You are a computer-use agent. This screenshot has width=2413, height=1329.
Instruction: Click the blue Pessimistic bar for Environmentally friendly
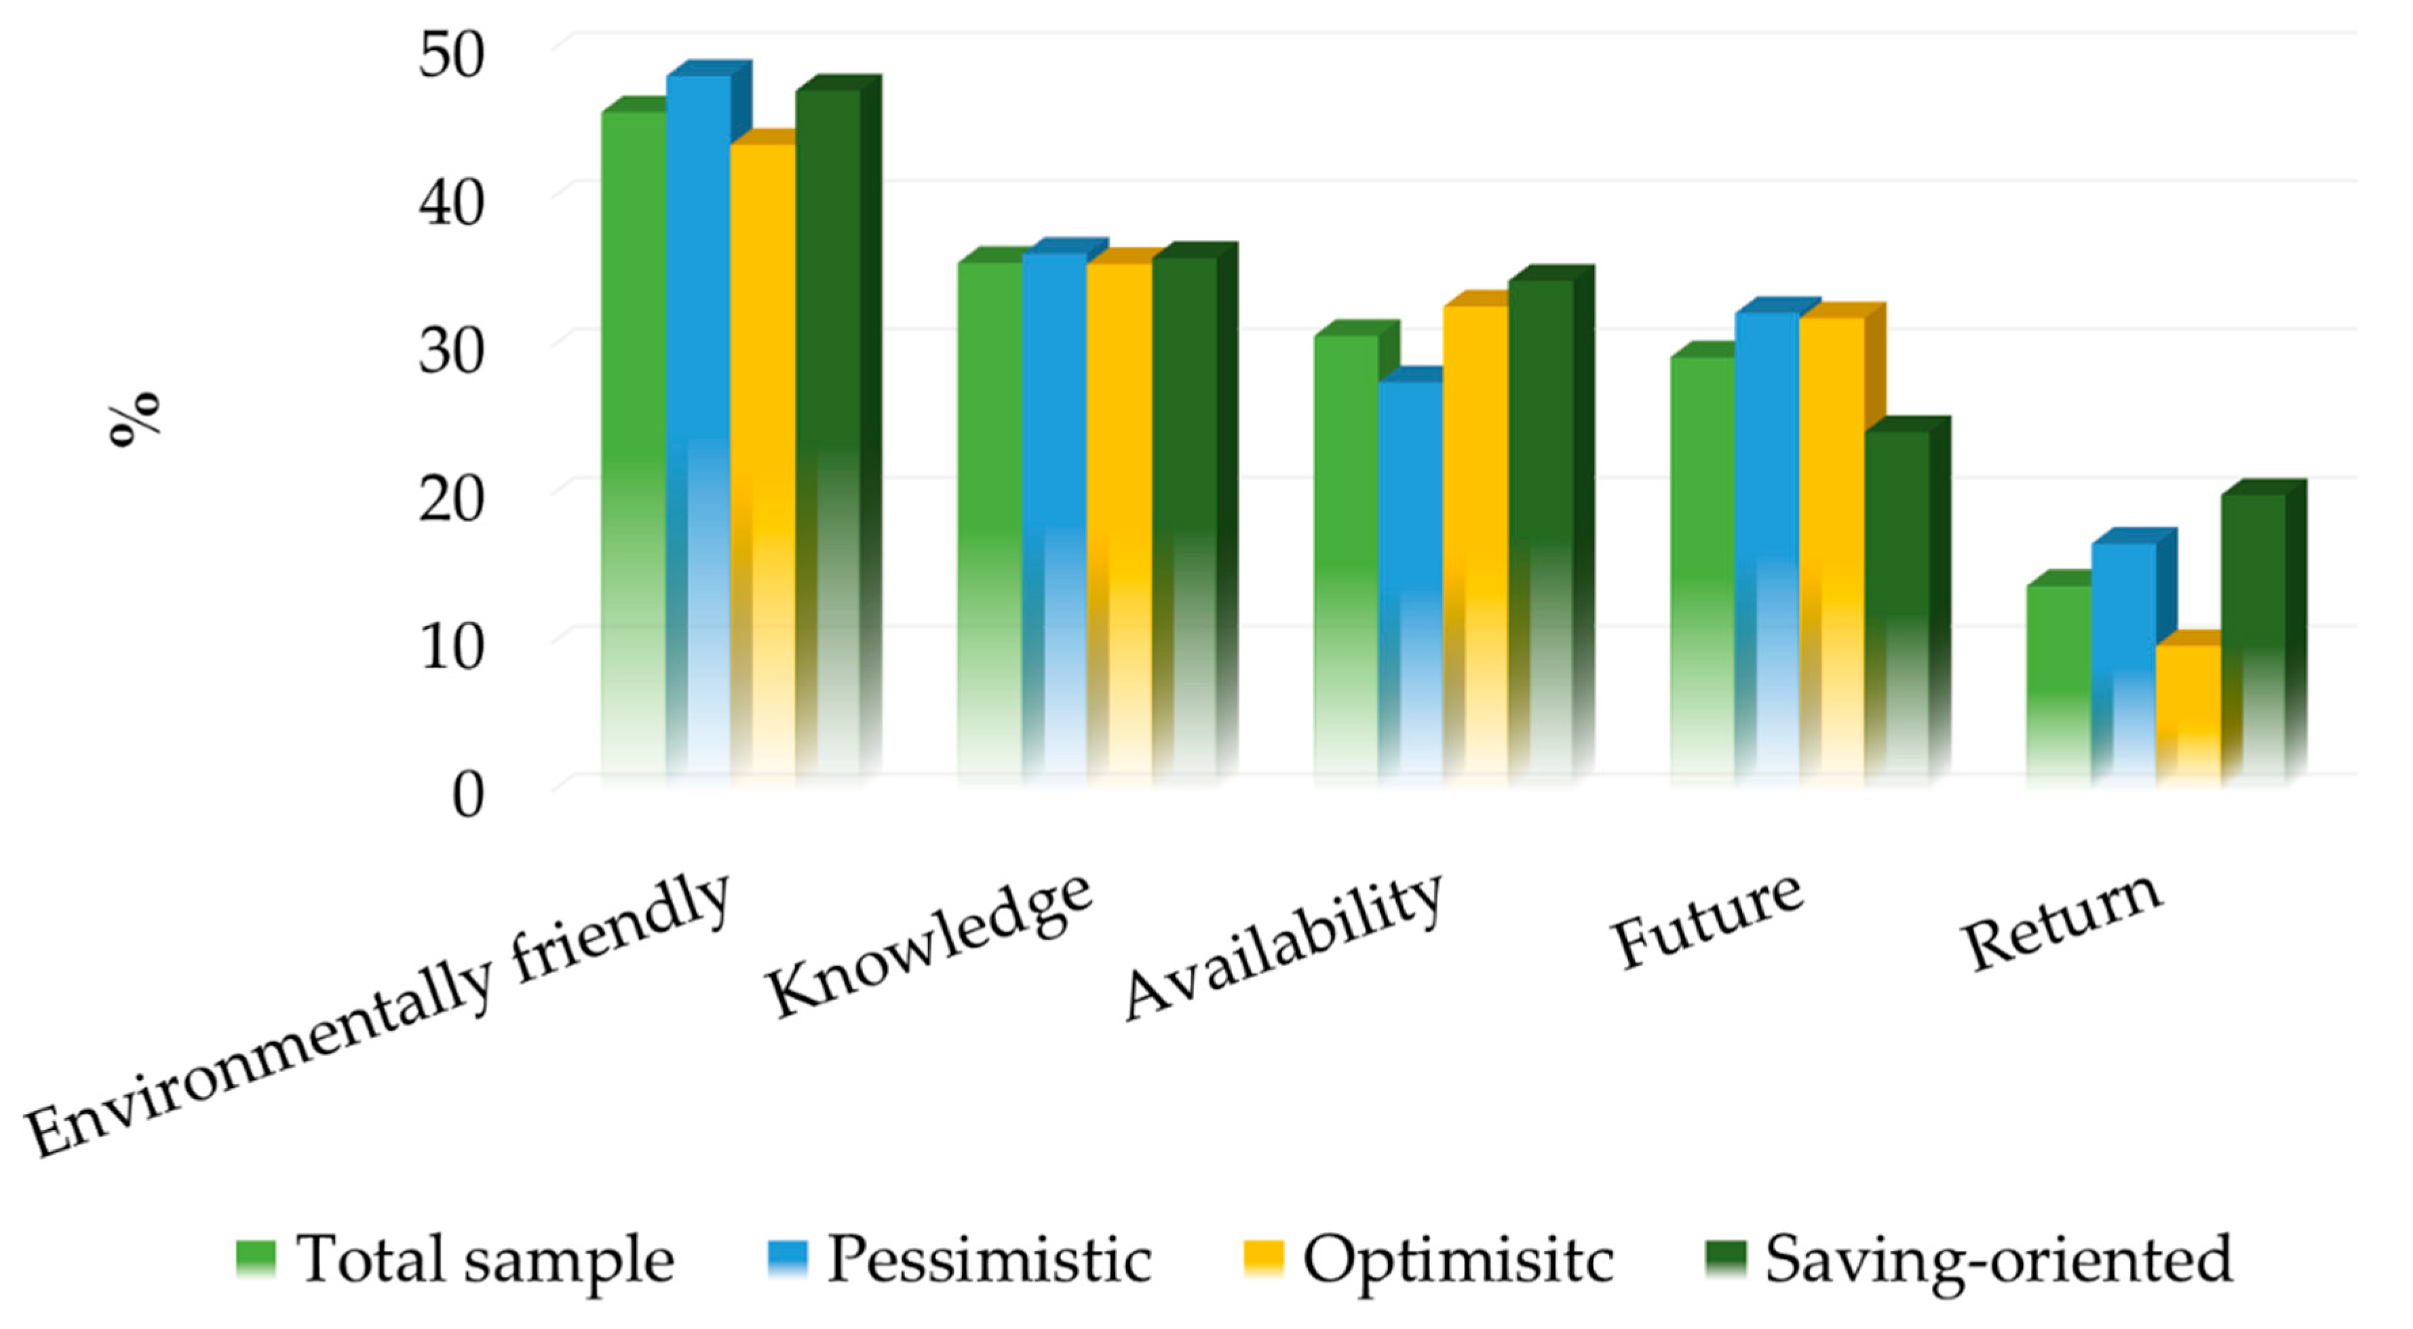tap(699, 421)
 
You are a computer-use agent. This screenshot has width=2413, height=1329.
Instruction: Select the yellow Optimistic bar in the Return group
tap(2188, 712)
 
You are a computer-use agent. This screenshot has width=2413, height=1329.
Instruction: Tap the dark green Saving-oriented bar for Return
tap(2254, 637)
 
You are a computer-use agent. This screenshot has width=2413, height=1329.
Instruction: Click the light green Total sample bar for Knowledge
tap(989, 515)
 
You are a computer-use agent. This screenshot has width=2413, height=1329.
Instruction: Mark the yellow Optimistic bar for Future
tap(1832, 543)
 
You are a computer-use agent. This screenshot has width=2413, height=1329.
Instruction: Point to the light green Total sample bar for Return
tap(2059, 679)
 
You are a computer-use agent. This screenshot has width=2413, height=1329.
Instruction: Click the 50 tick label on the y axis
tap(452, 56)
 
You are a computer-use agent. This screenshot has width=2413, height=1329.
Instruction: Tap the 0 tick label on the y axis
tap(467, 796)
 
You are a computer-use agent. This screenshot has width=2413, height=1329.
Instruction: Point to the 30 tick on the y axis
tap(452, 352)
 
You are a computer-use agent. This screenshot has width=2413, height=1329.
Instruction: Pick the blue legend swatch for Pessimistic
tap(787, 1258)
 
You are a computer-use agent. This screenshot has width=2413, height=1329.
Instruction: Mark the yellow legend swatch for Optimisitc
tap(1262, 1258)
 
